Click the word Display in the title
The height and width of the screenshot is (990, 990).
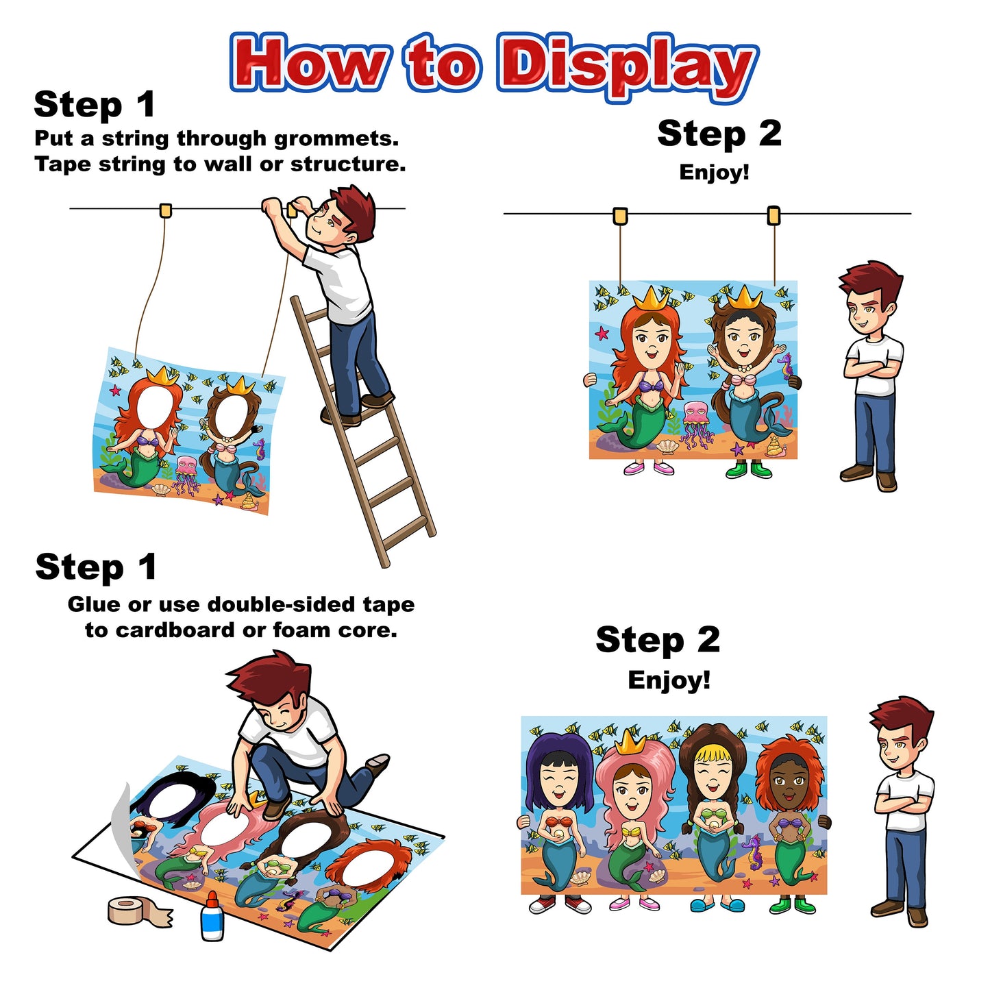(x=628, y=66)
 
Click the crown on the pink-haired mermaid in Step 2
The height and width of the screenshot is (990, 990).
(x=630, y=742)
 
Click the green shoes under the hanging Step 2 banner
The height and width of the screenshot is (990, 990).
(x=749, y=469)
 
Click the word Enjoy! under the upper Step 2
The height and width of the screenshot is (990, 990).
(x=714, y=173)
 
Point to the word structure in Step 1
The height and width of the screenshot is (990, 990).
(x=348, y=164)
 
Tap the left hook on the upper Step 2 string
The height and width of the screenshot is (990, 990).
(x=620, y=216)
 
